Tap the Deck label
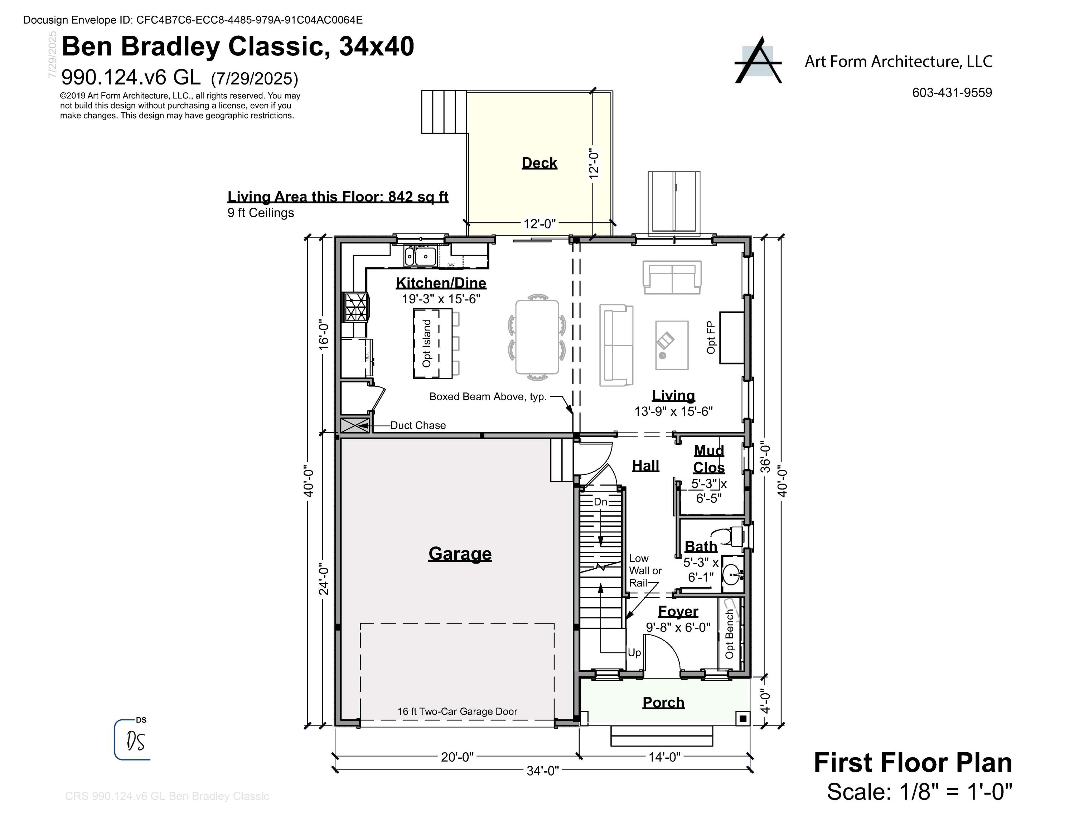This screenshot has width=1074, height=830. tap(539, 163)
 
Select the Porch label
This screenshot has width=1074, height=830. tap(663, 702)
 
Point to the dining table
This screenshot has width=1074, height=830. tap(537, 337)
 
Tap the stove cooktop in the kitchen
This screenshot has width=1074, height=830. tap(355, 307)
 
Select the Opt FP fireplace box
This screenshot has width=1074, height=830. tap(731, 337)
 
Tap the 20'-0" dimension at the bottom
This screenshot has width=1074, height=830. tap(457, 757)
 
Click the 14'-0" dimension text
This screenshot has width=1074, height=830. tap(664, 757)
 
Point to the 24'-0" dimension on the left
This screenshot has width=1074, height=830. tap(324, 579)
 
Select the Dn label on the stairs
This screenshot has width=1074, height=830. tap(600, 502)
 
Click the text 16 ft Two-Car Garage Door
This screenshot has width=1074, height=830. tap(457, 711)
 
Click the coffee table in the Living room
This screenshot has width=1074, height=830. tap(671, 345)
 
